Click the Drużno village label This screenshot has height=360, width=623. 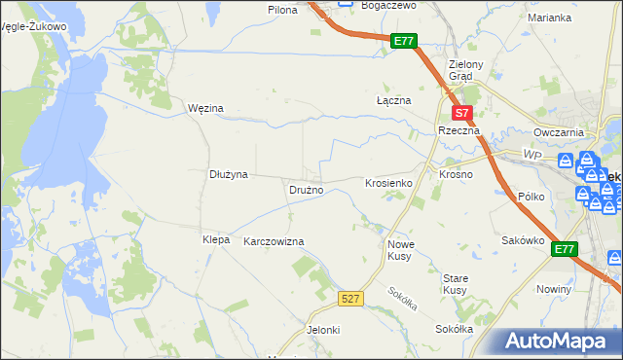click(x=306, y=190)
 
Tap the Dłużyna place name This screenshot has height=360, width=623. click(x=230, y=174)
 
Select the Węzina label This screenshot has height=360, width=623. click(x=205, y=108)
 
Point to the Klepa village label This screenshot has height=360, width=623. click(x=215, y=239)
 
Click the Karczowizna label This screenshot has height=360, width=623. click(x=274, y=240)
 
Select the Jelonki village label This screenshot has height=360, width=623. click(x=323, y=330)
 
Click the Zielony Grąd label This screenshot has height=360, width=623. click(x=459, y=71)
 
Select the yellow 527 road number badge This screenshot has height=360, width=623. click(x=352, y=298)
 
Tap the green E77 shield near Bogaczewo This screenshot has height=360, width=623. click(x=405, y=41)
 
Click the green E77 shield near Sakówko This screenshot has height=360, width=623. click(x=564, y=250)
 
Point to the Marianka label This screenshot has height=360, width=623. click(x=549, y=18)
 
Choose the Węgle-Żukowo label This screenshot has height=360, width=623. click(x=34, y=26)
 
